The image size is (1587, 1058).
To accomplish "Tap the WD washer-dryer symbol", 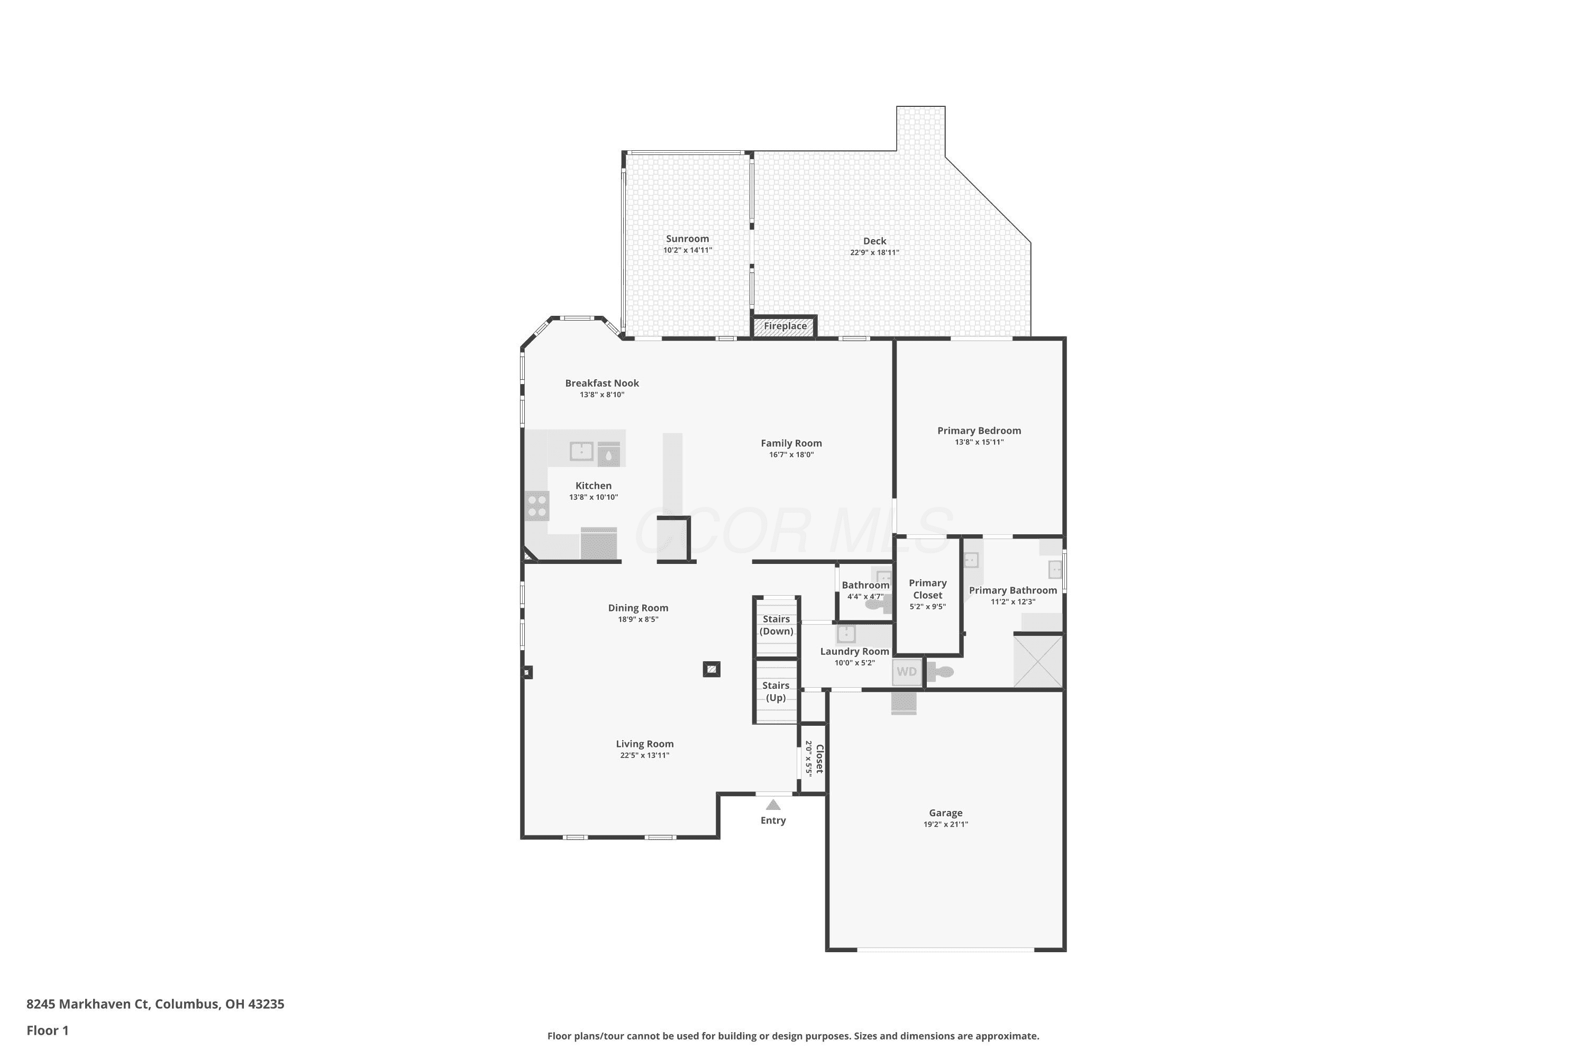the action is (x=907, y=672).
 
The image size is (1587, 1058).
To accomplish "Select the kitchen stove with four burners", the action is (x=537, y=506).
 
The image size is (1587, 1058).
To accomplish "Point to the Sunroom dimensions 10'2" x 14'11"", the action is (x=688, y=250).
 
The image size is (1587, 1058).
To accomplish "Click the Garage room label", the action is (x=945, y=813).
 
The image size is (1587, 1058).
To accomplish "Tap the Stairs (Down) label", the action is (x=777, y=625).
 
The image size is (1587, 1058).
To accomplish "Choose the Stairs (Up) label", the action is (x=776, y=691).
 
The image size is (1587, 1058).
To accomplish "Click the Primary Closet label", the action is (x=928, y=589).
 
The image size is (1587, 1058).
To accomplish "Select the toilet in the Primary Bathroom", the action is (x=940, y=672).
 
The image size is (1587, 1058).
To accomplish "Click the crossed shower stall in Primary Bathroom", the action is (x=1038, y=661).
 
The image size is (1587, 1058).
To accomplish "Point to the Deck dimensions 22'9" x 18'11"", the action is (x=874, y=253).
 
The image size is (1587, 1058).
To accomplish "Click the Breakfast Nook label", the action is (x=602, y=383).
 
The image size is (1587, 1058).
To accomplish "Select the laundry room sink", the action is (x=846, y=634).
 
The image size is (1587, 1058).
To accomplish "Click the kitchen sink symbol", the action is (x=581, y=451).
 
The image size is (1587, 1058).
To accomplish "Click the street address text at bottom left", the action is (x=155, y=1004).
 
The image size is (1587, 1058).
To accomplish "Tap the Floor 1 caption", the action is (x=47, y=1030).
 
